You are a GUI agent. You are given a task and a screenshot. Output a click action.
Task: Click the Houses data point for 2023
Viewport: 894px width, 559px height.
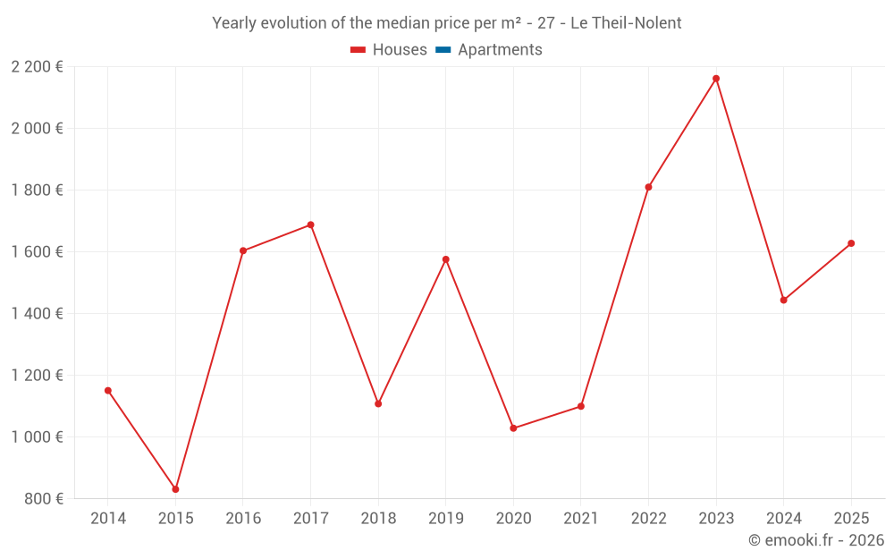(x=716, y=79)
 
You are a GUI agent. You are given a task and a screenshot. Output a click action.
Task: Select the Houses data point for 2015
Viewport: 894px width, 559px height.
(x=175, y=489)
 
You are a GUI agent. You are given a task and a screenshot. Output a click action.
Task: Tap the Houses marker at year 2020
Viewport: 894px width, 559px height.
(x=513, y=428)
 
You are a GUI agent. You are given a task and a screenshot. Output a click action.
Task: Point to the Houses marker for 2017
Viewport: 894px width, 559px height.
(x=310, y=224)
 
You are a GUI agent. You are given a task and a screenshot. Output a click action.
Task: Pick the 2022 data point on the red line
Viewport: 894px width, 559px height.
(x=648, y=187)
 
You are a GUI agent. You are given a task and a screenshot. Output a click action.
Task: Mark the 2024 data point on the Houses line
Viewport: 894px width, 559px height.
(x=783, y=301)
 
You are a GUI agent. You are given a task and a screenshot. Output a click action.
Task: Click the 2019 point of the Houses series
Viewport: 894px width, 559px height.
(x=445, y=259)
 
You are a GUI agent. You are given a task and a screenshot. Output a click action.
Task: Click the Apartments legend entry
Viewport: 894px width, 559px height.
(x=499, y=50)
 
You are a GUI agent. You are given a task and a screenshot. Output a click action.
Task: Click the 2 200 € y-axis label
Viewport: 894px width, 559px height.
(x=37, y=66)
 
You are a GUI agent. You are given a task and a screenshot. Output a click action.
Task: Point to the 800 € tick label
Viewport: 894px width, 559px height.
(x=45, y=498)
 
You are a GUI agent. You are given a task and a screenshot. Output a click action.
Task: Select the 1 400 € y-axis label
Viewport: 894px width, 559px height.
(x=37, y=313)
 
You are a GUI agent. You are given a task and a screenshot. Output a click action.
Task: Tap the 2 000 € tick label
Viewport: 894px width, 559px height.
(x=37, y=128)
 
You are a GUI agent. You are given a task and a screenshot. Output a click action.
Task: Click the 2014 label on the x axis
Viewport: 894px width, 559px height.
(x=108, y=518)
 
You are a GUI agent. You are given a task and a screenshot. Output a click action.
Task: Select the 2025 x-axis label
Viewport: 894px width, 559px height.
(x=850, y=518)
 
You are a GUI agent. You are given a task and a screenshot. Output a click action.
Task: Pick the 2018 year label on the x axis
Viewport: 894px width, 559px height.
(x=378, y=518)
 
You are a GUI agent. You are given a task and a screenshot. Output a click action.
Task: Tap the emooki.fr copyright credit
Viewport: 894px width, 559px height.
(x=816, y=540)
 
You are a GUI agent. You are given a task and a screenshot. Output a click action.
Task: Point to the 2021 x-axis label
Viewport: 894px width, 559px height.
(x=581, y=518)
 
